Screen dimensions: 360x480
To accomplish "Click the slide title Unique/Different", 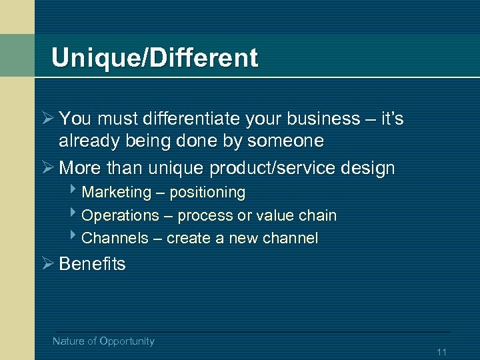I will (x=154, y=58).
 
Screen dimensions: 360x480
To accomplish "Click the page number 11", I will (x=441, y=352).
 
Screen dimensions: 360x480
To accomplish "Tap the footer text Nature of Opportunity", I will (x=103, y=341).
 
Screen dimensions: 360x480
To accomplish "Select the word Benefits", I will (x=92, y=264).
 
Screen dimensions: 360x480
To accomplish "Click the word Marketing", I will (x=117, y=193).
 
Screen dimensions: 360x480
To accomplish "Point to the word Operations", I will (x=120, y=215).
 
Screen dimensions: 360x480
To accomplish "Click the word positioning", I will (x=207, y=193).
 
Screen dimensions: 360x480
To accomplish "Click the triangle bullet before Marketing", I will (x=73, y=192).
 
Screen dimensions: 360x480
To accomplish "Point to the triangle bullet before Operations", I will (x=73, y=215).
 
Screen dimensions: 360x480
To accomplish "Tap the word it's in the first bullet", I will (x=391, y=119).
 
